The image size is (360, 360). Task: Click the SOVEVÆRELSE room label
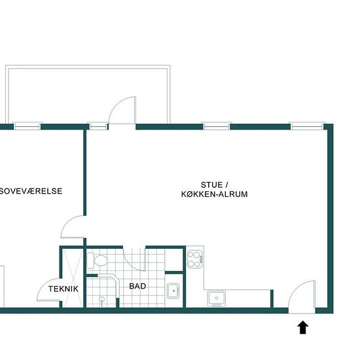point(31,191)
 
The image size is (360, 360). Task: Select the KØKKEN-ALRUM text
point(215,194)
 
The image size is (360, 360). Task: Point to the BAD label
point(137,286)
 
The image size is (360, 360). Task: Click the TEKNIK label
point(63,289)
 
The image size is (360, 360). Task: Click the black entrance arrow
point(303,327)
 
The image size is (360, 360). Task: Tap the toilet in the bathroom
point(98,261)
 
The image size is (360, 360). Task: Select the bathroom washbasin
point(173,291)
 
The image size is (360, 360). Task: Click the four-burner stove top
point(195,260)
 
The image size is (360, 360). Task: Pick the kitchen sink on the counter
point(217,298)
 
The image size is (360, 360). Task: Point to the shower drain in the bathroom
point(101,299)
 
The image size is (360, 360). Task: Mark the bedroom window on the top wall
point(27,126)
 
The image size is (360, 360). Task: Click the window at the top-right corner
point(308,126)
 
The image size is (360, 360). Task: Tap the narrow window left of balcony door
point(98,126)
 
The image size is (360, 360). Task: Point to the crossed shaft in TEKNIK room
point(72,278)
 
